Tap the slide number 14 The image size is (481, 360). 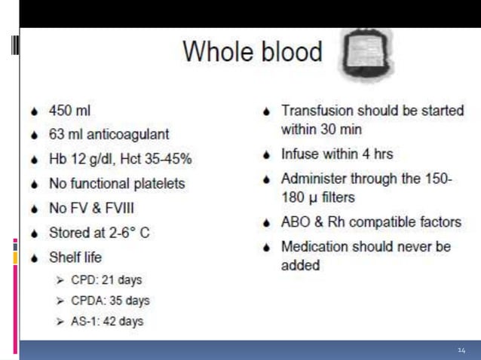(461, 350)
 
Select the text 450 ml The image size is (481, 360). (69, 111)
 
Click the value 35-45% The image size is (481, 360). (165, 159)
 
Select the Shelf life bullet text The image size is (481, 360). (75, 257)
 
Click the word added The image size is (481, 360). (300, 264)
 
